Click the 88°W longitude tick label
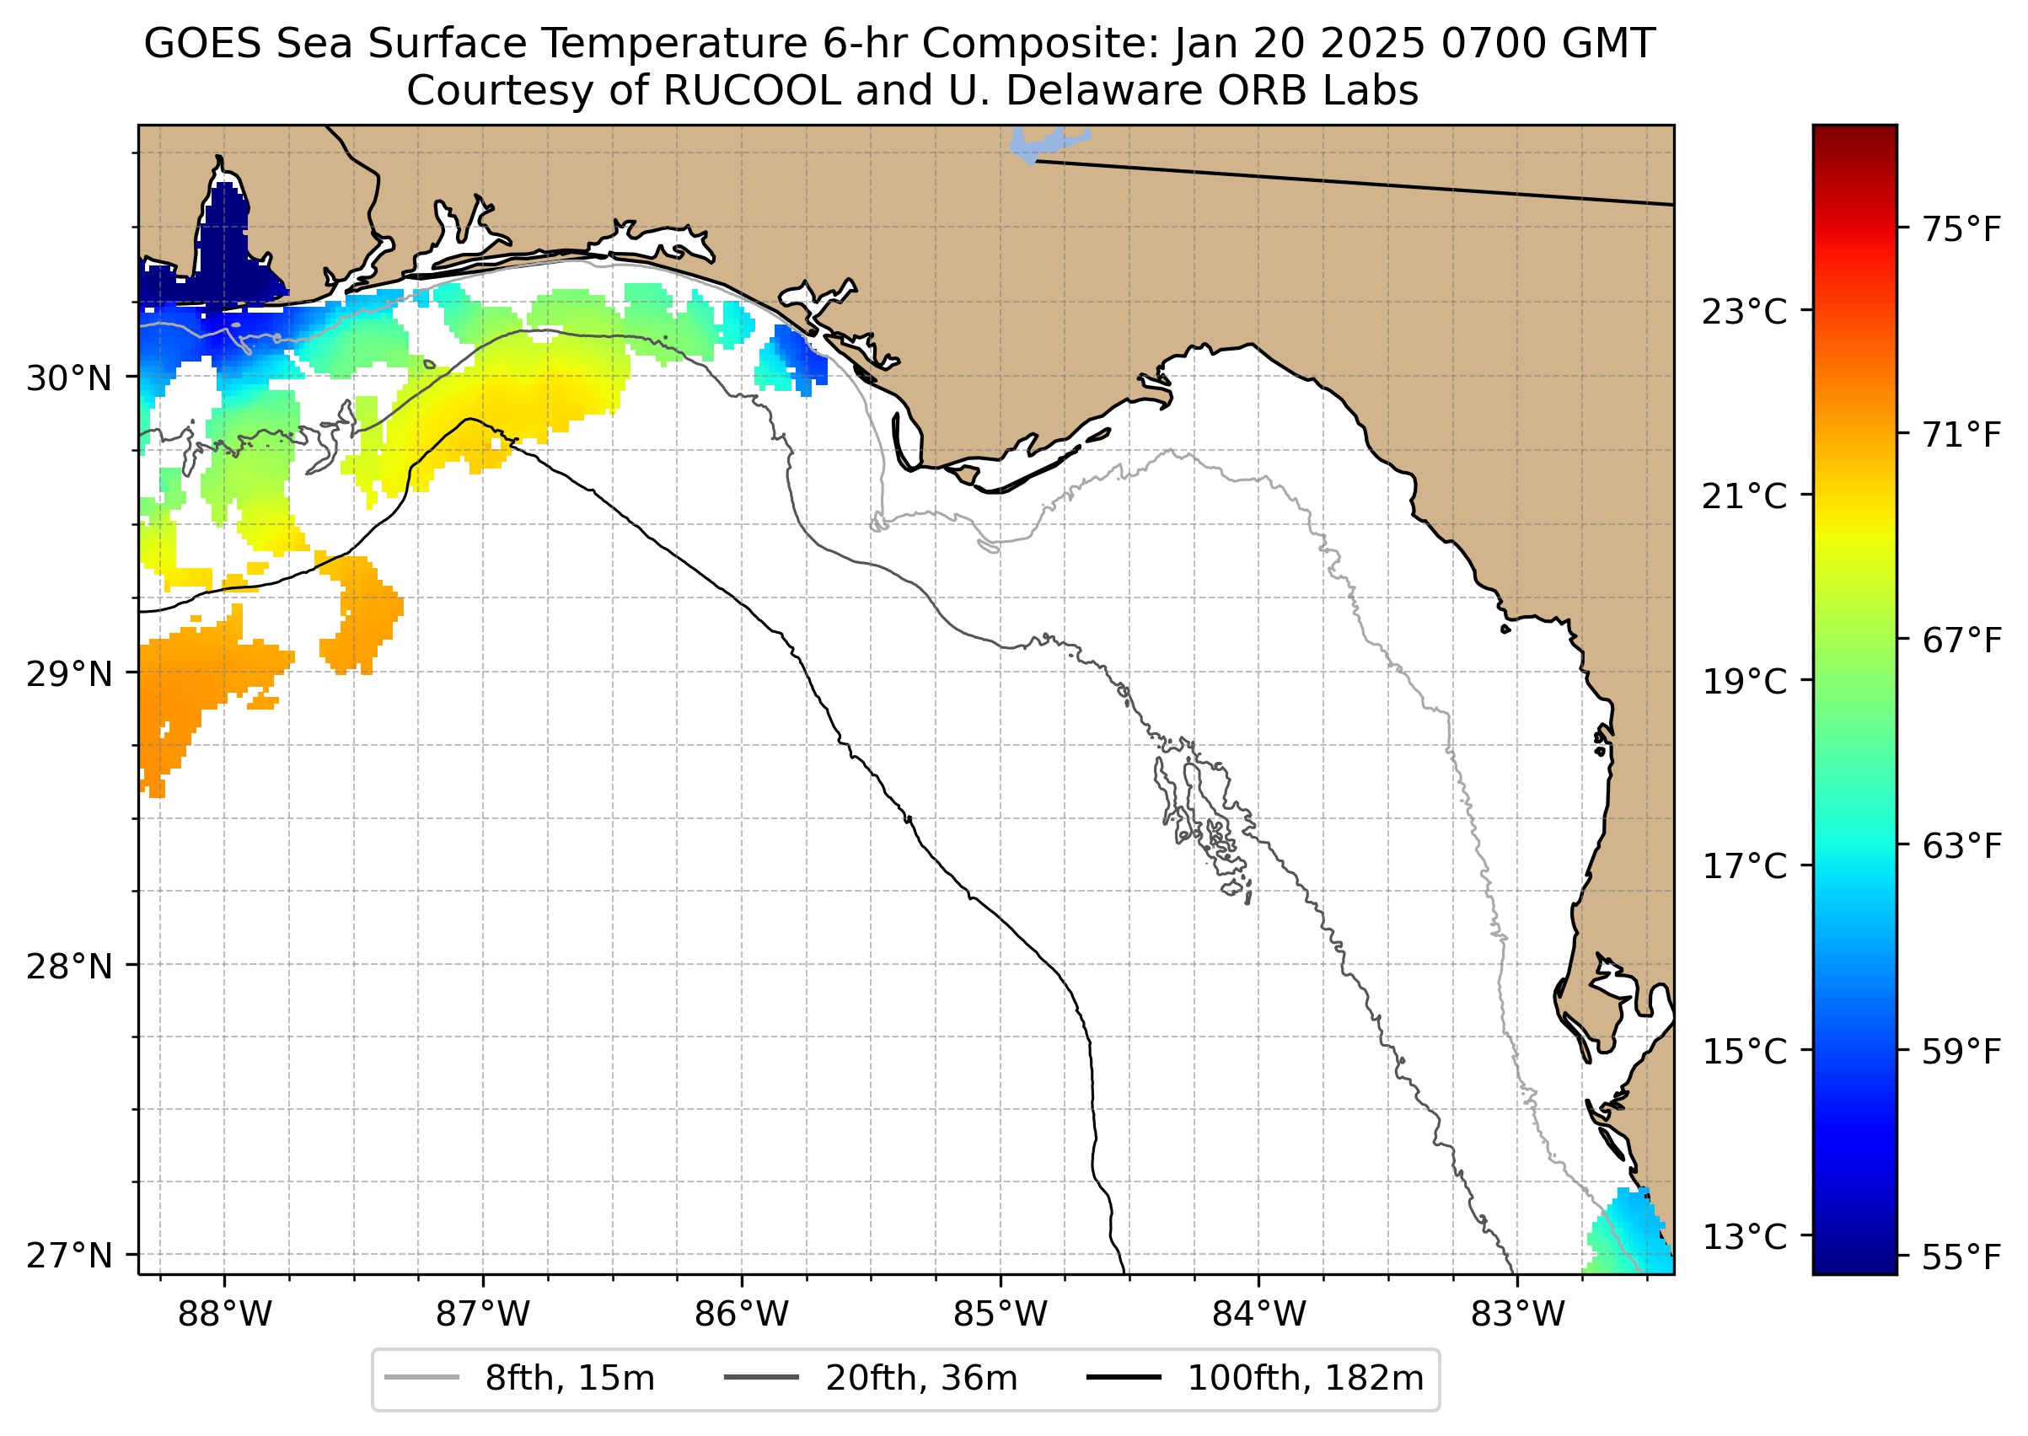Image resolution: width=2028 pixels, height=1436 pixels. coord(225,1315)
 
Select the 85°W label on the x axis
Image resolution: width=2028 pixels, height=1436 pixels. coord(1001,1315)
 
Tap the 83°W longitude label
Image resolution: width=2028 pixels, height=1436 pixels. coord(1518,1315)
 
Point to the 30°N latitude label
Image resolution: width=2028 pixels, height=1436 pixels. coord(70,378)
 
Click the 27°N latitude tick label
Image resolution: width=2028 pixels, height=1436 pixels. coord(70,1256)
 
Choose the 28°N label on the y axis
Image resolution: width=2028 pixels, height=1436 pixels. coord(70,967)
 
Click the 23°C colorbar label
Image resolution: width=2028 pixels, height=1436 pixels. coord(1744,312)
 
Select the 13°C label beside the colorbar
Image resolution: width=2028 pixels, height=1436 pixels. coord(1744,1237)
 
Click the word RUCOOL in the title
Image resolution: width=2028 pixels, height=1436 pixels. coord(752,91)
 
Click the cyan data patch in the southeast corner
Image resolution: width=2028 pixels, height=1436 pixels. coord(1632,1234)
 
